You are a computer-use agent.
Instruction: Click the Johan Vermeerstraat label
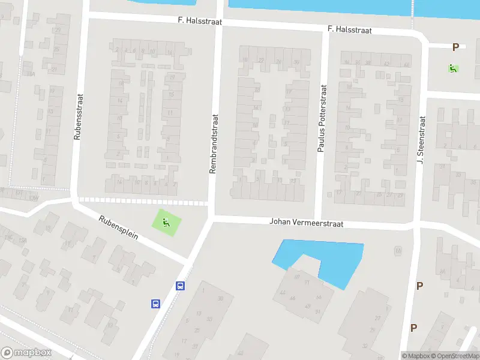click(306, 223)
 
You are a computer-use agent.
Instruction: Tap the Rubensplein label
click(119, 227)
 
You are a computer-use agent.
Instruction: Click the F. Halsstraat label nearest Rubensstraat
click(200, 21)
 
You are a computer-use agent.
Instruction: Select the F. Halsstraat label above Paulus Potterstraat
click(350, 29)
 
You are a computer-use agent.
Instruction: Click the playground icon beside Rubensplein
click(167, 223)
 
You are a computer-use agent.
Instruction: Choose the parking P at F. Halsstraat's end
click(455, 47)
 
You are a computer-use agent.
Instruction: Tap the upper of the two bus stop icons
click(180, 286)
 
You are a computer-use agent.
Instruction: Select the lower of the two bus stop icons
click(155, 304)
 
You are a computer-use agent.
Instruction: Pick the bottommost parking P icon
click(413, 328)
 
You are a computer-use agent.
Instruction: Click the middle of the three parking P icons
click(419, 286)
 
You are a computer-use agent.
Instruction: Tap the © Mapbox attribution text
click(416, 356)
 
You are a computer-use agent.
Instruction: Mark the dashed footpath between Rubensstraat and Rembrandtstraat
click(144, 200)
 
